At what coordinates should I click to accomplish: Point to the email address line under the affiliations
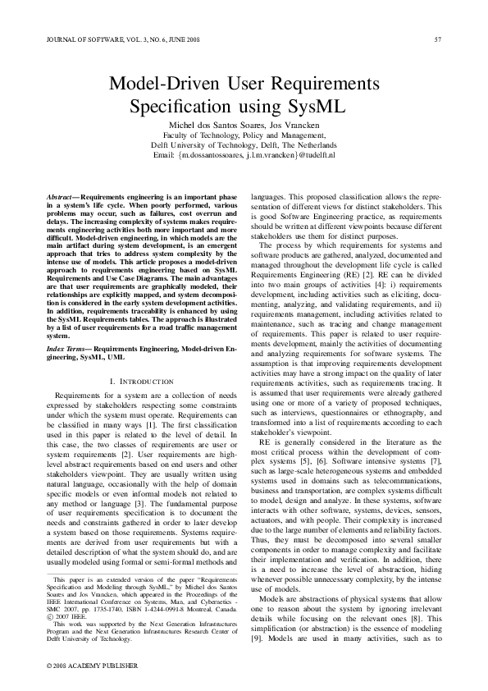click(x=244, y=154)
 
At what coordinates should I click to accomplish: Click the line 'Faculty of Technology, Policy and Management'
click(x=244, y=135)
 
